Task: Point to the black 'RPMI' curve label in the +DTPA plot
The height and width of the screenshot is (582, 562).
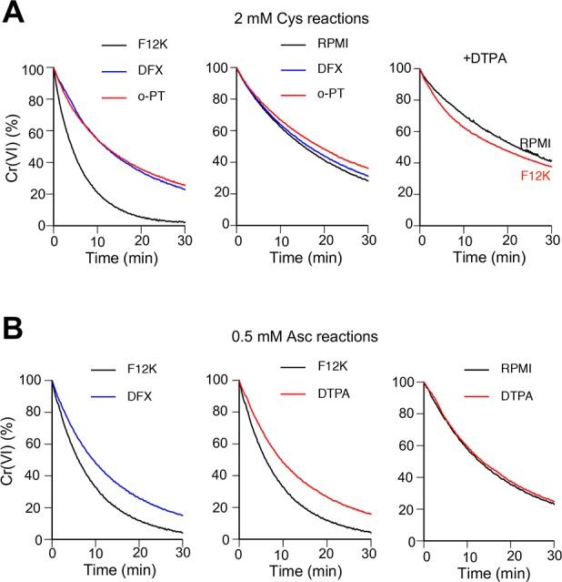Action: [535, 143]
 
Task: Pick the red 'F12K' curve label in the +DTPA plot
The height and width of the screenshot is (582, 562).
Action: [535, 168]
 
